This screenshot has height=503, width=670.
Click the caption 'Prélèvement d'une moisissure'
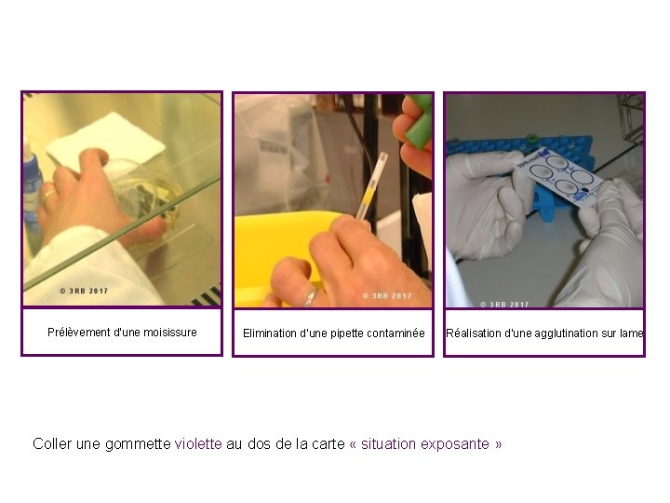coord(122,333)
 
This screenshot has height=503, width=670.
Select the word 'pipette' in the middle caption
coord(345,333)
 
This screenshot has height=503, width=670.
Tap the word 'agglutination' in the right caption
coord(572,333)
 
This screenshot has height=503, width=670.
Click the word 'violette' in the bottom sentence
coord(198,444)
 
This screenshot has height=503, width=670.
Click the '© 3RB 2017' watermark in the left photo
coord(84,292)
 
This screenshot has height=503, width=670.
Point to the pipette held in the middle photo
coord(370,186)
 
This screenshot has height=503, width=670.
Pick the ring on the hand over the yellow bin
coord(310,297)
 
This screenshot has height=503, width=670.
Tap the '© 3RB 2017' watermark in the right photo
coord(505,304)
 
